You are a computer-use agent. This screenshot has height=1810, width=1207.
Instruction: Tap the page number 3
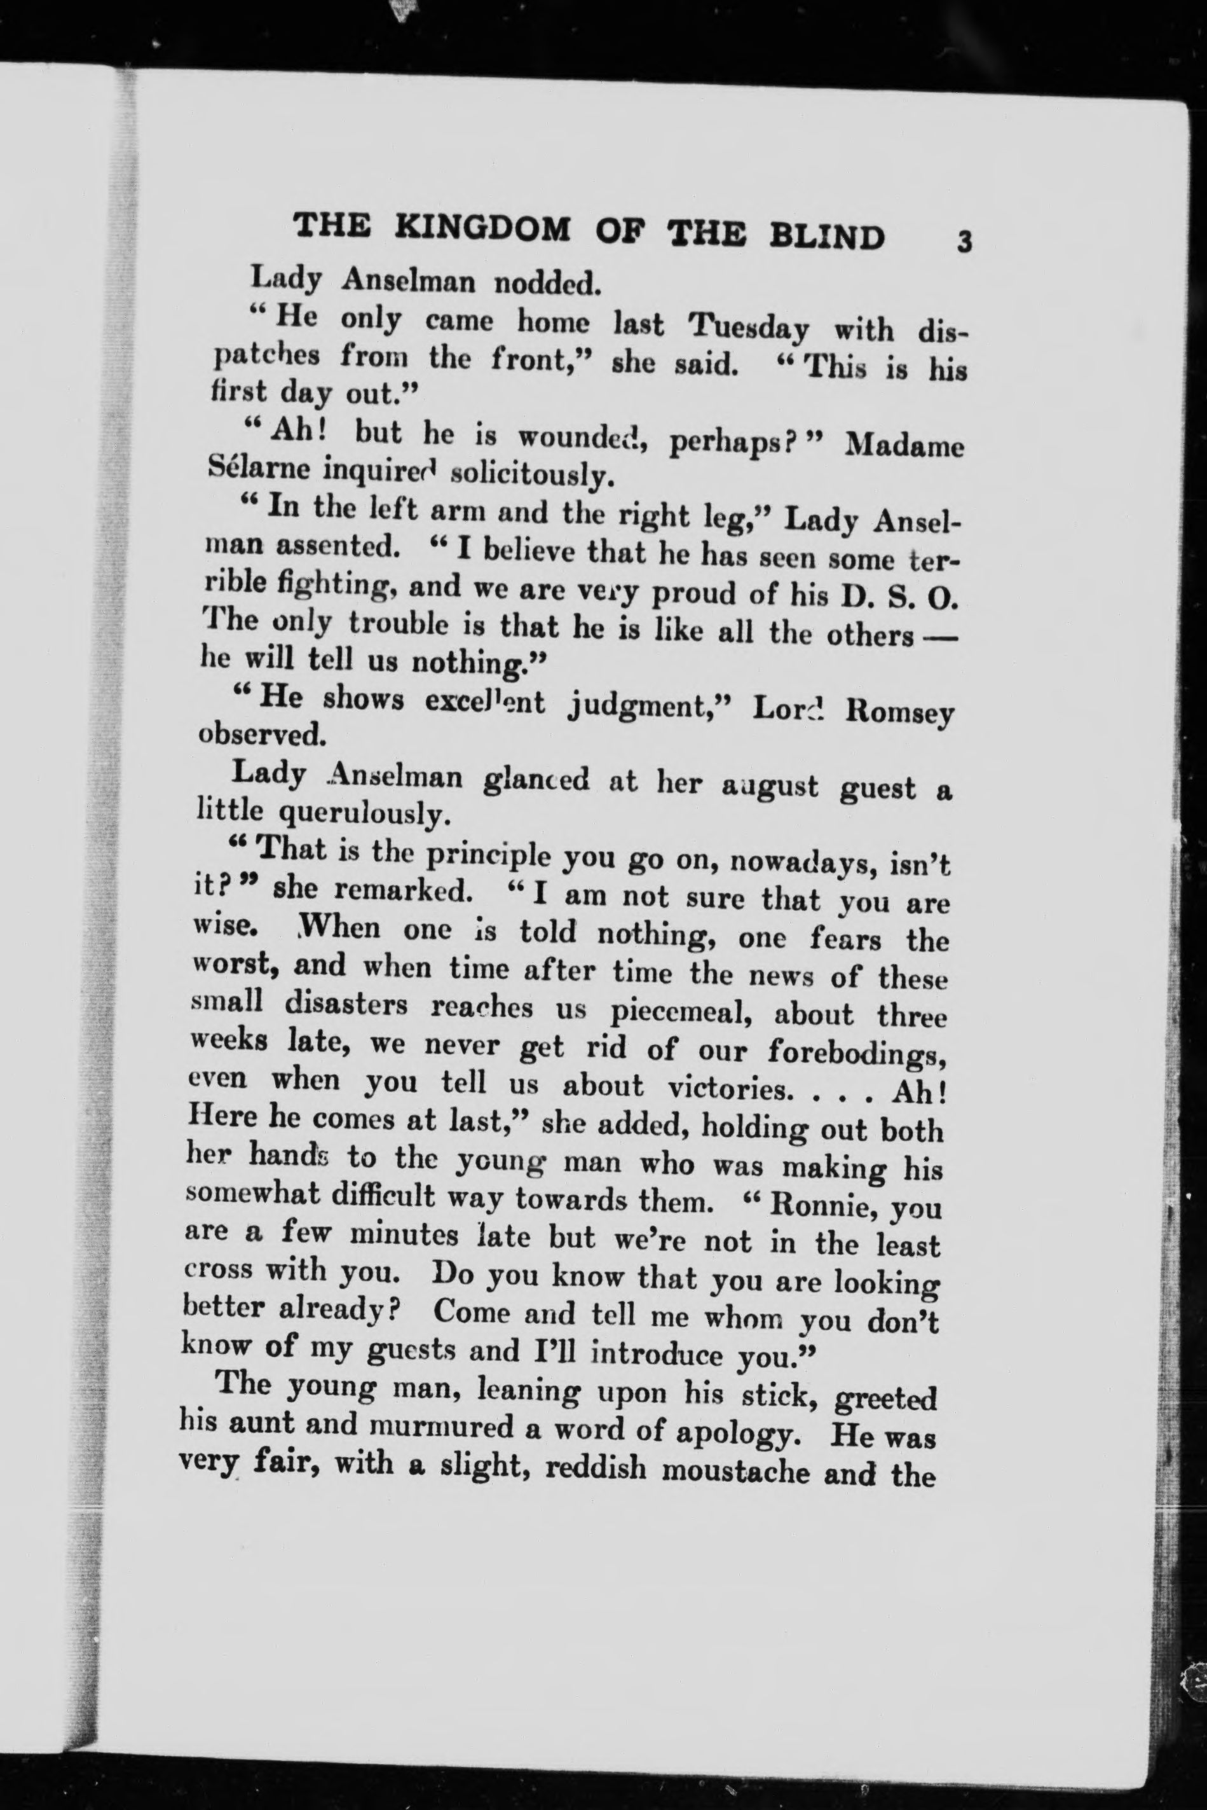coord(964,242)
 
